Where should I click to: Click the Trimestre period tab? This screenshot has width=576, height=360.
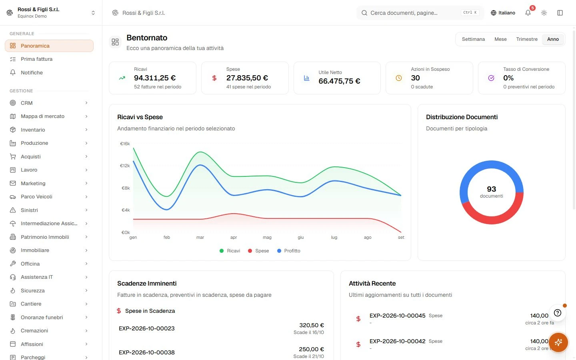point(527,39)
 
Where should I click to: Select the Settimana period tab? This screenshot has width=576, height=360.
point(473,39)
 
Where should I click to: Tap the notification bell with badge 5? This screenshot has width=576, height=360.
point(528,13)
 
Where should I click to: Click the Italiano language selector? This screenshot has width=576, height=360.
point(503,13)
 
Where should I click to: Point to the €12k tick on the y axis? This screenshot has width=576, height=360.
point(125,166)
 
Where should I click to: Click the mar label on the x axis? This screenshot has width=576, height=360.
point(200,237)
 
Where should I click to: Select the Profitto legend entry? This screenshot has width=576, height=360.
point(288,251)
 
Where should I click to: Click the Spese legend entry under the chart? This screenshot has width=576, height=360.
point(258,251)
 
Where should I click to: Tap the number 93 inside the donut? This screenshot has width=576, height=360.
point(491,189)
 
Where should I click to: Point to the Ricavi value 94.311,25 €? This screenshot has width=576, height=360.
point(155,78)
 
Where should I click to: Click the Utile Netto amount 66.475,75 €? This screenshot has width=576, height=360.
point(339,81)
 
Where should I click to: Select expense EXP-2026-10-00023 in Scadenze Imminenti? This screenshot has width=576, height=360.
point(146,328)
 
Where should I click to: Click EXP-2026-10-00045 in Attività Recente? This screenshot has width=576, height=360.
point(397,316)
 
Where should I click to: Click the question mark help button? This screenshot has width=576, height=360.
point(557,313)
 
